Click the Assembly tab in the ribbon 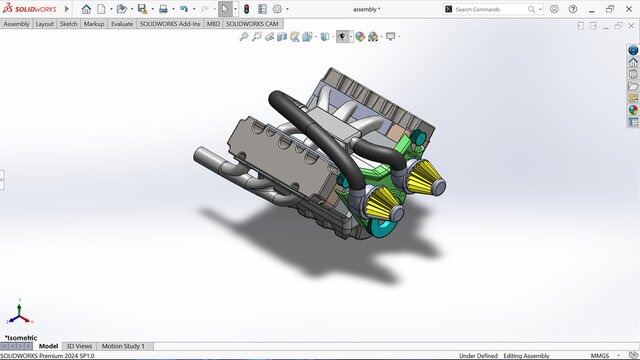click(16, 23)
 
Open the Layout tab click(45, 23)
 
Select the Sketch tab click(68, 23)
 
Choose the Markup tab click(93, 23)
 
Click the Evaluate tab click(122, 23)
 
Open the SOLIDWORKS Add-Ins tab click(170, 23)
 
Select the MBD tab click(213, 23)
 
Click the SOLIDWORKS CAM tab click(252, 23)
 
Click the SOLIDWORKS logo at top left click(30, 8)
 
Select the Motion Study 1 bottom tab click(123, 346)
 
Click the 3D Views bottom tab click(79, 346)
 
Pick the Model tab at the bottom click(48, 346)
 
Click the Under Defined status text click(479, 355)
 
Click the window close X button click(629, 9)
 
